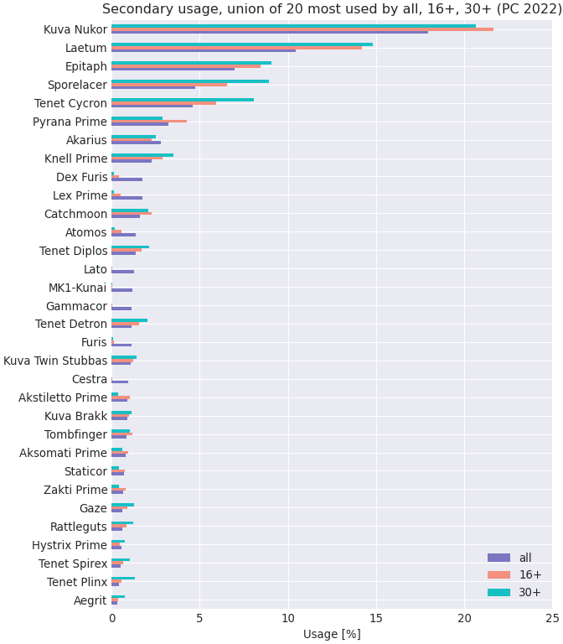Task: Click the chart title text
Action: coord(332,9)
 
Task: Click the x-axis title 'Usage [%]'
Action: coord(332,634)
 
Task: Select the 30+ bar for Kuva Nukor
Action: coord(293,26)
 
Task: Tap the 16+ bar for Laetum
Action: coord(236,48)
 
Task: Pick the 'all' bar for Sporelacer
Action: coord(153,87)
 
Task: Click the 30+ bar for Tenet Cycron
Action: coord(183,100)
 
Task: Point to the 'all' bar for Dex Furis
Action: coord(127,179)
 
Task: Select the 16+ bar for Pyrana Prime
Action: coord(149,122)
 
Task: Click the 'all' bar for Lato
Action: coord(123,272)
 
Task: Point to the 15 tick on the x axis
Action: coord(376,618)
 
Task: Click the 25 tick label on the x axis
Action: coord(552,618)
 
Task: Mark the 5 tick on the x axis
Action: coord(200,618)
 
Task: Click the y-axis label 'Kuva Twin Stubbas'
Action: coord(55,361)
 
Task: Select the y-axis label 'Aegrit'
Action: coord(90,600)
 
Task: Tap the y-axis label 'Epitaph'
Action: coord(86,66)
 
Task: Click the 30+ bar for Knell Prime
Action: coord(142,155)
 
